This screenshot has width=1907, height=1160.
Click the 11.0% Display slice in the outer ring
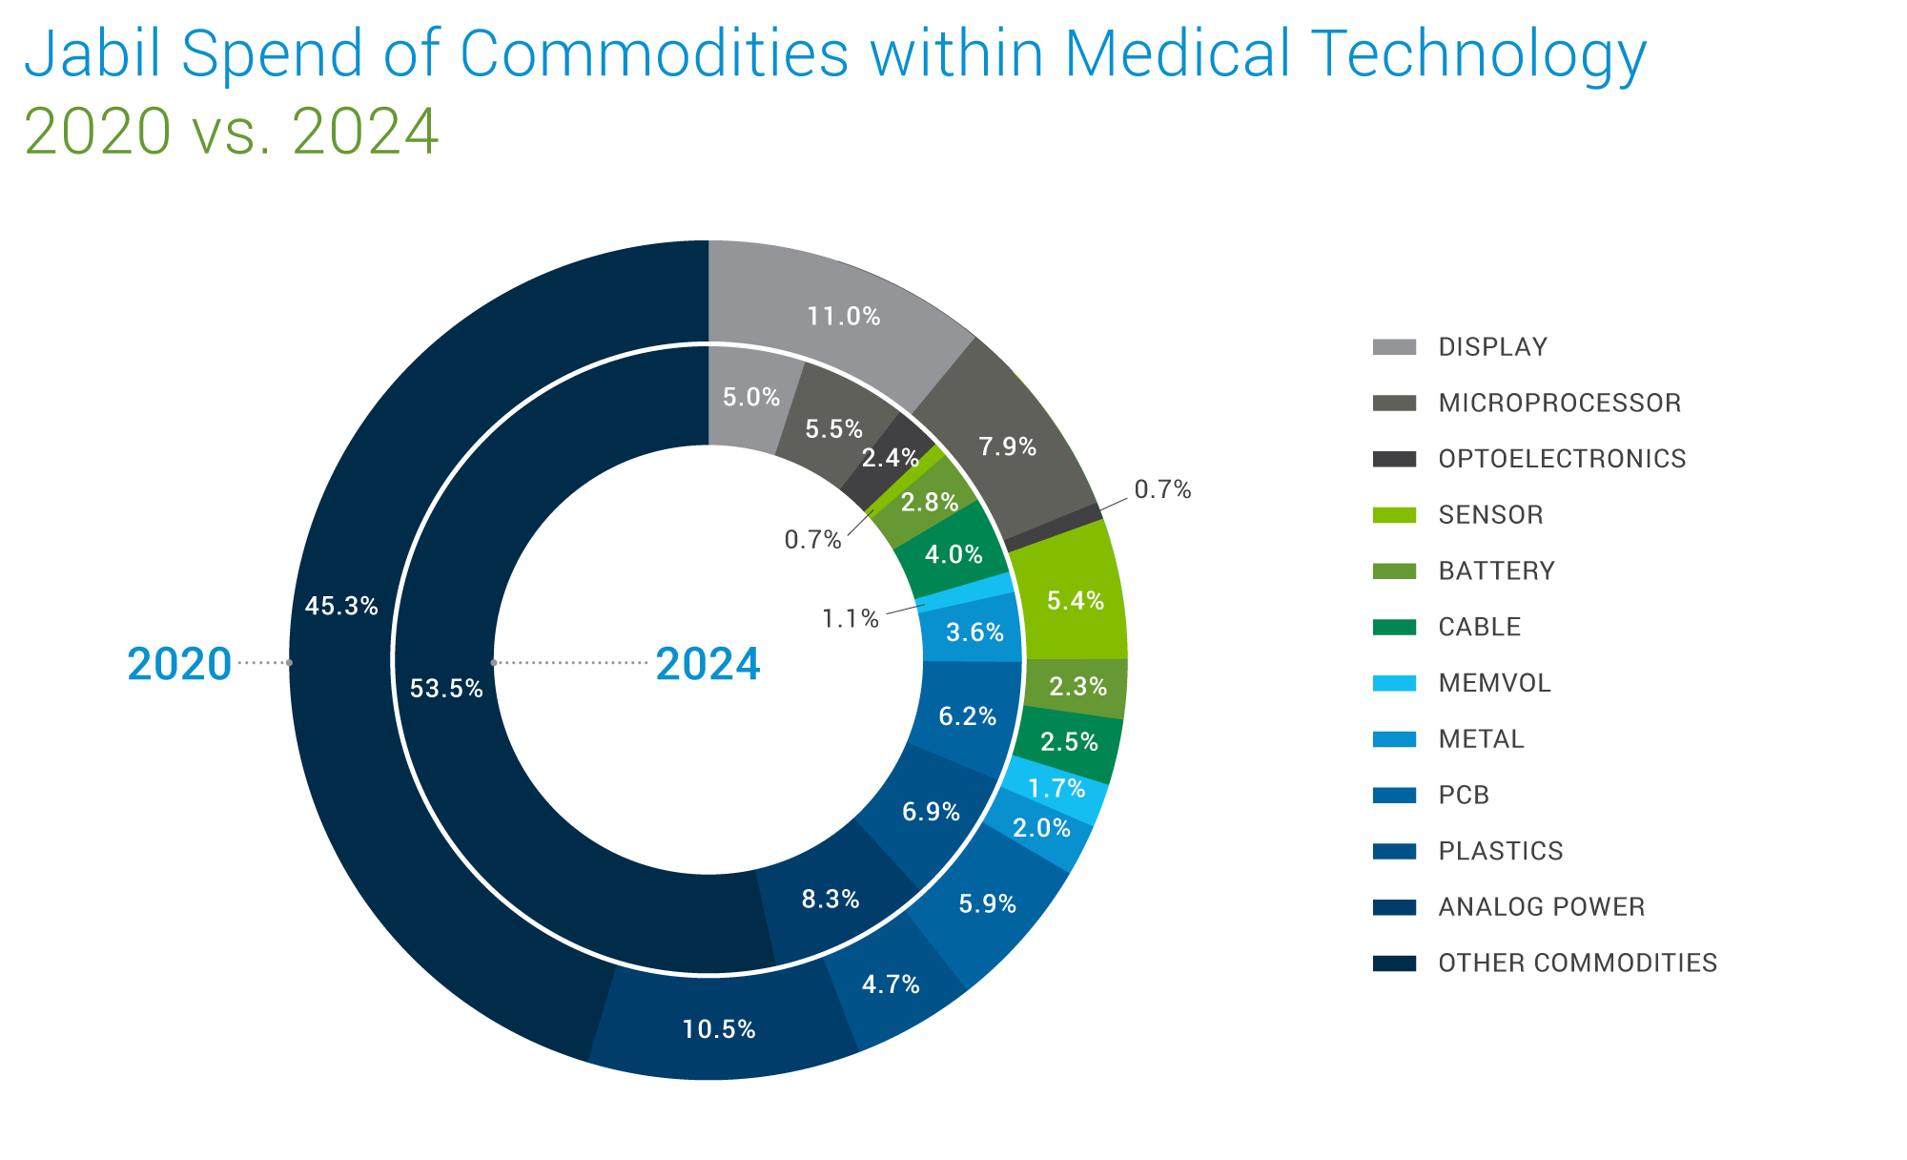843,316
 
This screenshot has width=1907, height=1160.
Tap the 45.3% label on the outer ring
341,606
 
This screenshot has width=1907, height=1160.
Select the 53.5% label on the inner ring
446,689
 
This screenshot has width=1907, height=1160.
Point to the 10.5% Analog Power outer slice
719,1029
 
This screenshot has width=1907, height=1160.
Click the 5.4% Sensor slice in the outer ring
1075,601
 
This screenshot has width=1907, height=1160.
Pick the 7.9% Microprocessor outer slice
1008,445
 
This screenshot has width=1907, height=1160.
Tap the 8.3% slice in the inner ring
830,899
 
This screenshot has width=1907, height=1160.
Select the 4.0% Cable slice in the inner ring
953,554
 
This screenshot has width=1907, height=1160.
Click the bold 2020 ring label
179,664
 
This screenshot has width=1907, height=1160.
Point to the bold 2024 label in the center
707,664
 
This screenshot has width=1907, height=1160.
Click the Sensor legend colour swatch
1394,515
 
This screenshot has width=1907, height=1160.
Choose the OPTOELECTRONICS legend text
1562,459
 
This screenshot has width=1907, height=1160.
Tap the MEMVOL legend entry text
1494,683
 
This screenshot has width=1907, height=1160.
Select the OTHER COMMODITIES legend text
1577,963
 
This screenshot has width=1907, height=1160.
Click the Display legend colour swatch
1394,346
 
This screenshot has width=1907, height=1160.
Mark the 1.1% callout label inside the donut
850,619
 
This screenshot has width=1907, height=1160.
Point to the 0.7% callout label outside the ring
1162,489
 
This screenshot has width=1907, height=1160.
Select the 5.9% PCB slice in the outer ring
987,903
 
